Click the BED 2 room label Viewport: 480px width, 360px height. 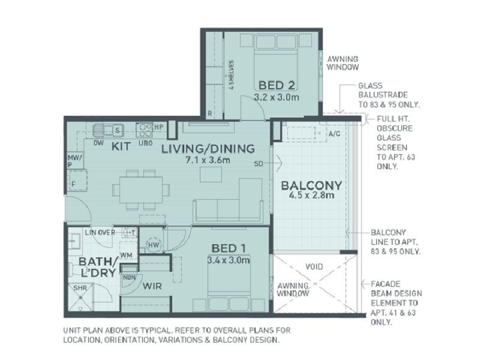277,84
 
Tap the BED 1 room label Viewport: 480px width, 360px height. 229,248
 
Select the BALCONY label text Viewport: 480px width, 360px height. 311,185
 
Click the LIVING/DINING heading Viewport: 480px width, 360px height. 208,149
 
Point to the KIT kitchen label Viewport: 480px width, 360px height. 122,146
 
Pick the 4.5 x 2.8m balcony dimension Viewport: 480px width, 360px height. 311,197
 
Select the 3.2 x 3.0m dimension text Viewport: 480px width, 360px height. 277,96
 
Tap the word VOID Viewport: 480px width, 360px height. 313,266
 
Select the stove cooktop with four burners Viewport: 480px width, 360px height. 145,129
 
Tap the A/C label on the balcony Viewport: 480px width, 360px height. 334,134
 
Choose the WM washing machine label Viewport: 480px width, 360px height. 126,256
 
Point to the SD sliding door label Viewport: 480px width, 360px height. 259,163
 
